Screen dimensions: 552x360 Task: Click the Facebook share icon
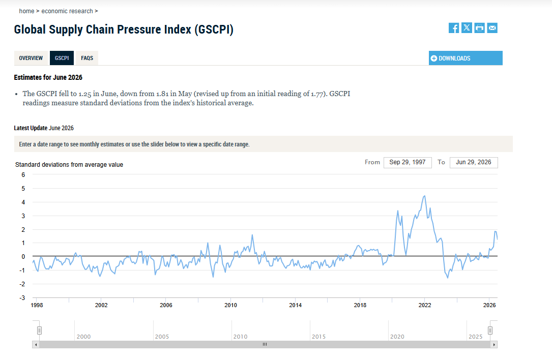point(454,28)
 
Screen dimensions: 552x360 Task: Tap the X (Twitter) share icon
point(467,28)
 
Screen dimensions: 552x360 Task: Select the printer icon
point(479,28)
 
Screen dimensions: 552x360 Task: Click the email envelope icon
point(492,28)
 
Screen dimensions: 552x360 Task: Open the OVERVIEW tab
point(31,58)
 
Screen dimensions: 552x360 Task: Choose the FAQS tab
point(87,58)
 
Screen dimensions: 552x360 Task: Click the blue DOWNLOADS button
point(466,58)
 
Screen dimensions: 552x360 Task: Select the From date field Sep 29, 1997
point(408,162)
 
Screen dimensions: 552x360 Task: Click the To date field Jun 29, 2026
point(474,162)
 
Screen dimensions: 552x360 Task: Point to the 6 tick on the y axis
point(23,175)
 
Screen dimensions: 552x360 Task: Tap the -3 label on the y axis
point(22,298)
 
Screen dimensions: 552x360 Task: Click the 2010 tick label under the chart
point(230,305)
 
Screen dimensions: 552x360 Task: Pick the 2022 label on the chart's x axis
point(425,305)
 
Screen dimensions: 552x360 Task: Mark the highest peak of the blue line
point(425,196)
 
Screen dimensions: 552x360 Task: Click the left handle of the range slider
point(40,331)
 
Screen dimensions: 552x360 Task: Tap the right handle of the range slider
point(490,331)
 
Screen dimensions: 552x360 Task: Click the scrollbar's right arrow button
point(495,345)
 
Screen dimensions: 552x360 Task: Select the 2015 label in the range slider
point(318,337)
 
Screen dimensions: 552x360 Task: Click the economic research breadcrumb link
point(67,11)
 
